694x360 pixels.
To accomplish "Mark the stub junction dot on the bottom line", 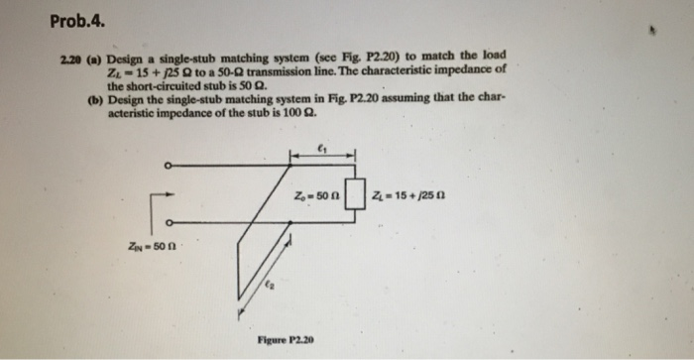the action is (290, 222).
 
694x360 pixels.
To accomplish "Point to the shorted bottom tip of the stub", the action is (239, 298).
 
